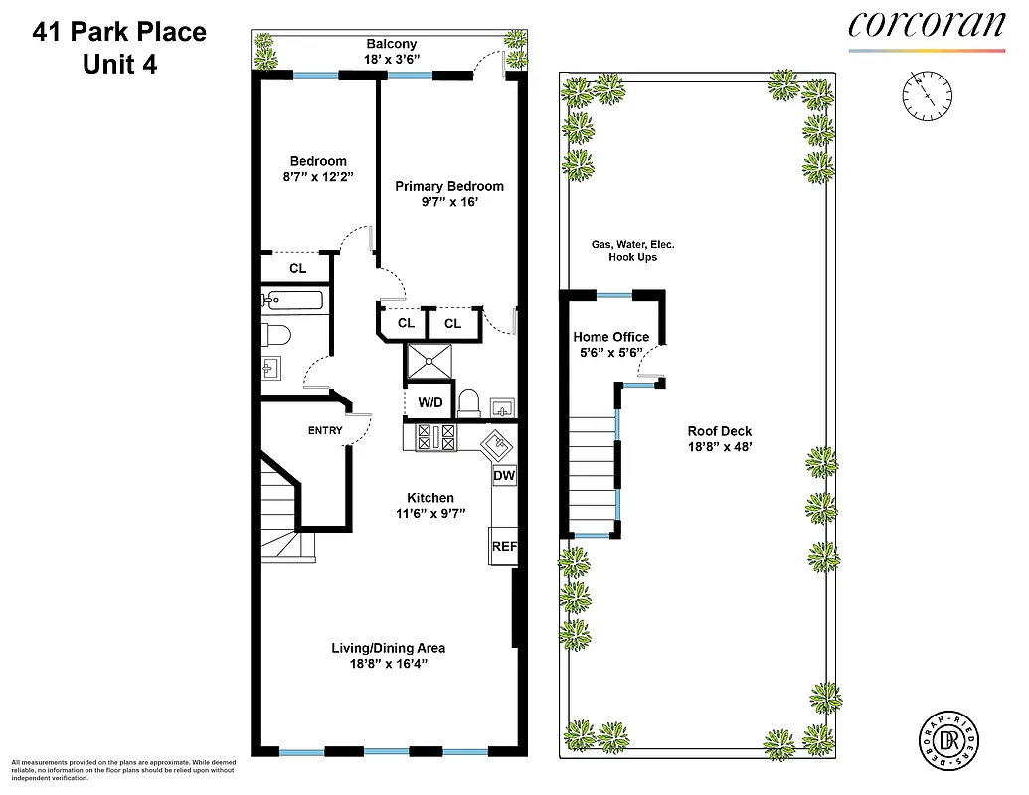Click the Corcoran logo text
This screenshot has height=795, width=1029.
coord(926,25)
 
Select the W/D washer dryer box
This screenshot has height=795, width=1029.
coord(430,403)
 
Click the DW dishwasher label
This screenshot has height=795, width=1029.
coord(504,476)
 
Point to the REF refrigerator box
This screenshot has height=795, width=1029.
coord(504,546)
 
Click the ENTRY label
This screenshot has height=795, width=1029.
coord(325,430)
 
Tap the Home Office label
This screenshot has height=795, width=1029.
coord(610,337)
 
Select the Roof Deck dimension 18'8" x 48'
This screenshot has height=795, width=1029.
coord(720,448)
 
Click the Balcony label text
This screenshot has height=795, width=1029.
coord(392,44)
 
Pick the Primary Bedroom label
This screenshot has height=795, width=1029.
coord(449,186)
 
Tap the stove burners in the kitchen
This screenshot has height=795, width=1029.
coord(435,436)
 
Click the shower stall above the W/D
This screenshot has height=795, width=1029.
coord(429,363)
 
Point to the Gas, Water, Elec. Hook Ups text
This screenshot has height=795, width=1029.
coord(633,250)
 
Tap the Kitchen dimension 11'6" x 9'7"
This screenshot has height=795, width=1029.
coord(430,514)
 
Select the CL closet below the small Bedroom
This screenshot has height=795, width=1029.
coord(297,268)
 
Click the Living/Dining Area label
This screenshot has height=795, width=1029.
coord(388,648)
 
